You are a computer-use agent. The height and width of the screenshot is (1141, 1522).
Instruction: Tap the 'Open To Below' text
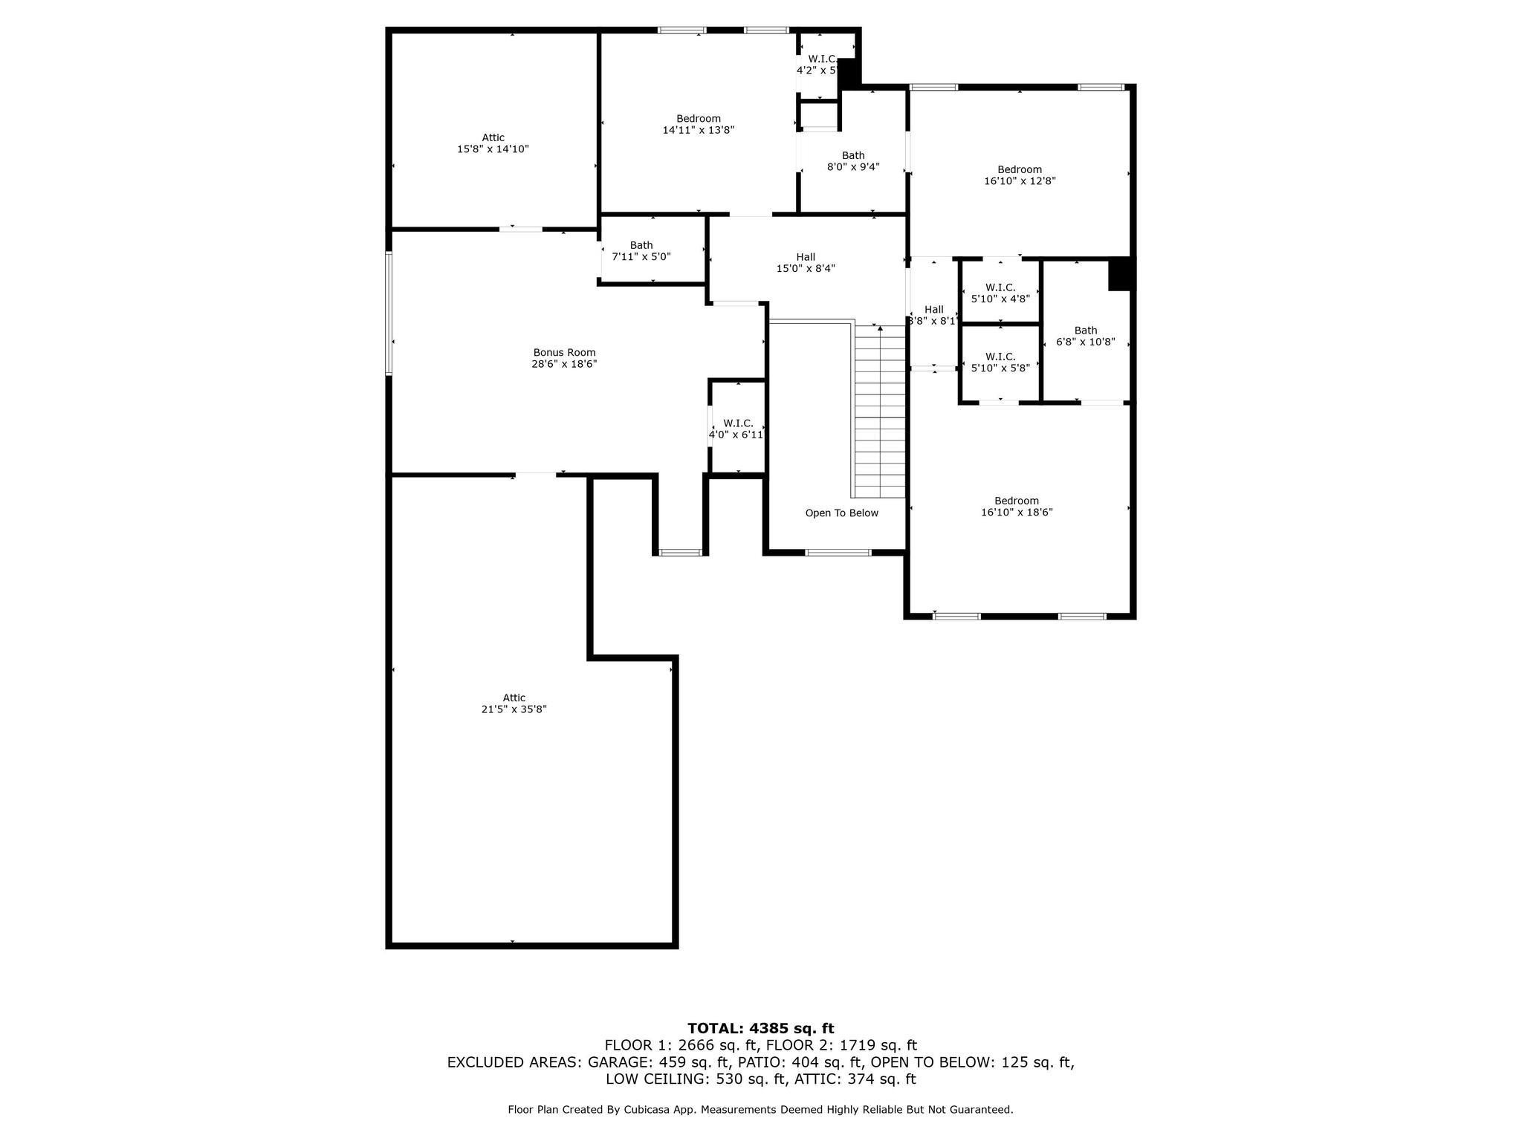coord(841,513)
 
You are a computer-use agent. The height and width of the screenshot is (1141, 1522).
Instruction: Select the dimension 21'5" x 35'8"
coord(514,709)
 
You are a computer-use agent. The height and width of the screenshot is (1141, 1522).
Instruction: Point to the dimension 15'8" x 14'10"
coord(493,149)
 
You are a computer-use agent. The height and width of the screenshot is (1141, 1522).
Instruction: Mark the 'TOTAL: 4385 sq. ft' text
coord(760,1029)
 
